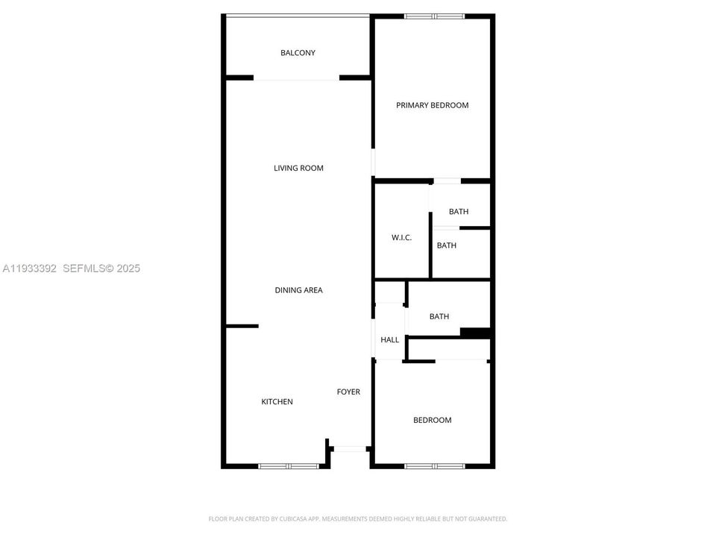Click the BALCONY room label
(x=298, y=53)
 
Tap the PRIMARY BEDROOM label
(x=432, y=105)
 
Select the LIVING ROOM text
(x=298, y=168)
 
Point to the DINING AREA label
(x=298, y=290)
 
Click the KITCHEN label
(x=277, y=402)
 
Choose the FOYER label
(x=348, y=392)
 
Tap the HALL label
(x=389, y=340)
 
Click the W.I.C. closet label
(x=401, y=238)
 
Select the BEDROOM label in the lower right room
(x=432, y=420)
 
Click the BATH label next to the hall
(x=439, y=316)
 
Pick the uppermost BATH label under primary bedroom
(x=459, y=212)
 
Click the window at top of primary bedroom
(x=434, y=16)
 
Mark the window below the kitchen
(x=289, y=466)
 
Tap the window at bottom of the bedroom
(x=434, y=466)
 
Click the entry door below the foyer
(x=350, y=448)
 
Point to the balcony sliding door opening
(x=297, y=78)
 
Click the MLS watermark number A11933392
(x=30, y=268)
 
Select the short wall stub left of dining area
(x=242, y=326)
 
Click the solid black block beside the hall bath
(x=474, y=333)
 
